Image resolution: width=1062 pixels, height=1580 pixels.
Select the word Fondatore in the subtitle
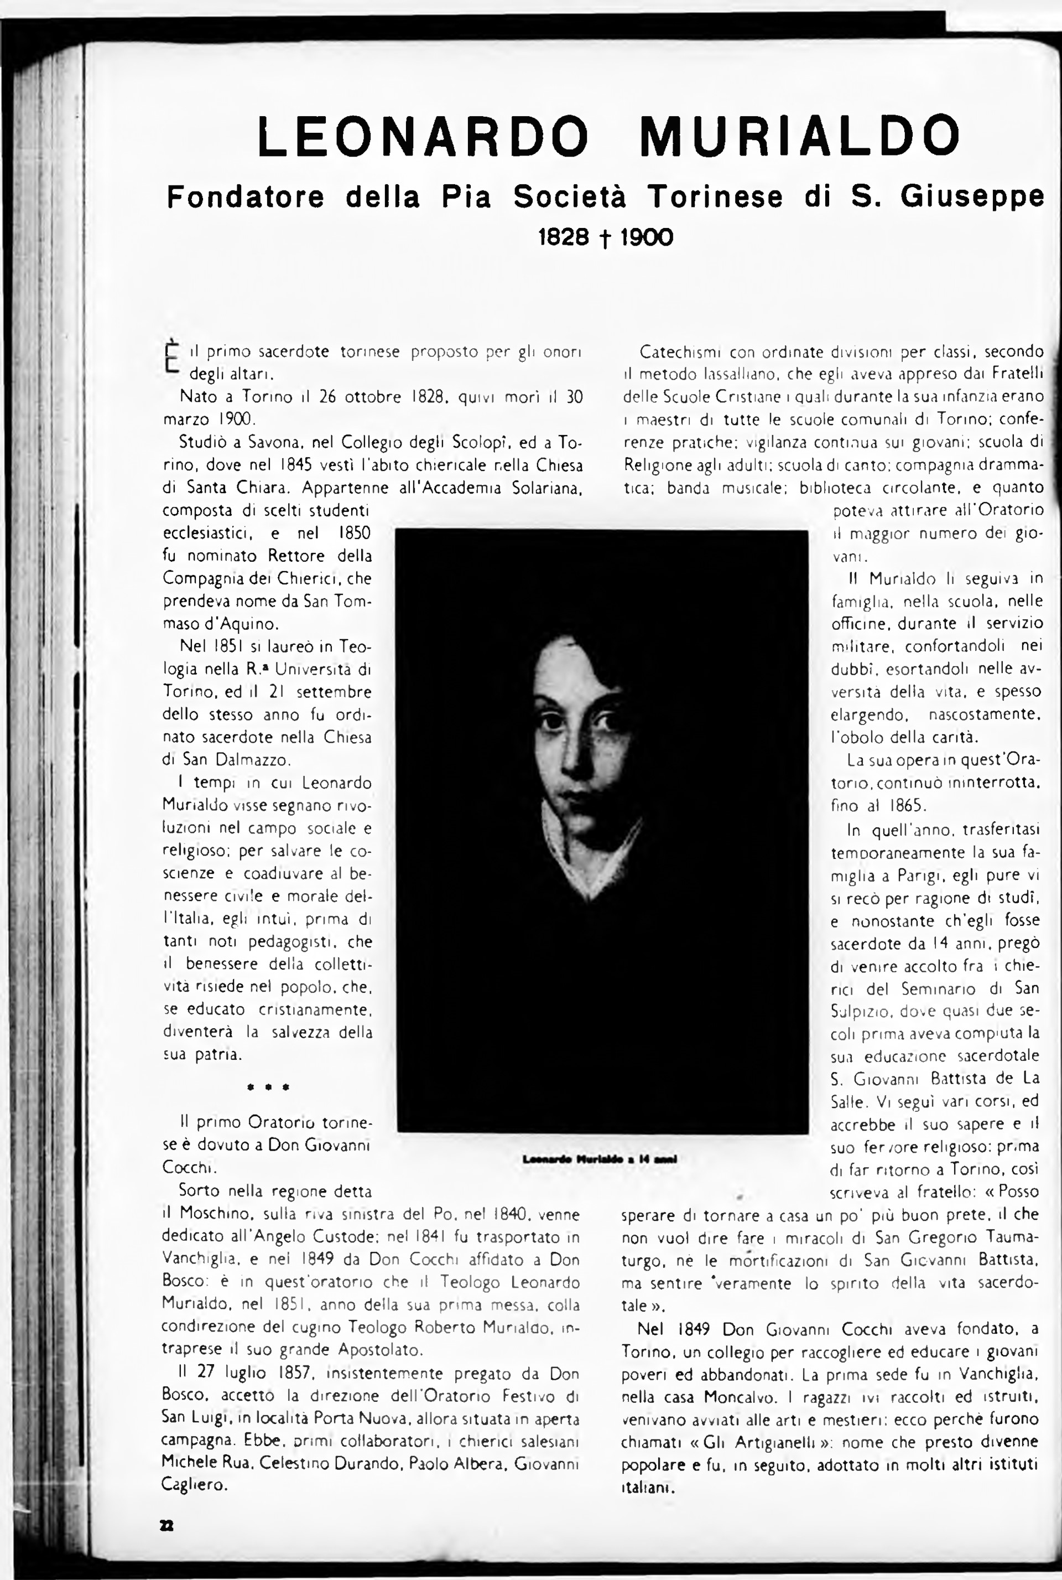(x=246, y=197)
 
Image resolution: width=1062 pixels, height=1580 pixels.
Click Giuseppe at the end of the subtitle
(x=972, y=197)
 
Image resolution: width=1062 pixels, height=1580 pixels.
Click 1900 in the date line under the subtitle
(x=646, y=237)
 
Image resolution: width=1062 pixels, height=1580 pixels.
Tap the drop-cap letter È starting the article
(x=172, y=356)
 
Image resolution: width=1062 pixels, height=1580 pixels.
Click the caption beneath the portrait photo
(x=600, y=1159)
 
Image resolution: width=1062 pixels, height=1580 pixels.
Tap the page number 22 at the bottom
(x=166, y=1526)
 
